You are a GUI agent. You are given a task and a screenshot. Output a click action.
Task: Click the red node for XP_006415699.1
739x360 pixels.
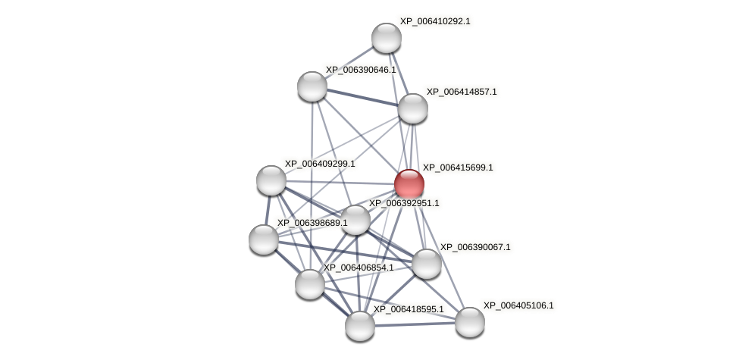(x=409, y=184)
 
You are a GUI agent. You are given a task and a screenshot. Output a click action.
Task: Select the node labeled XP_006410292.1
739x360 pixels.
(x=387, y=38)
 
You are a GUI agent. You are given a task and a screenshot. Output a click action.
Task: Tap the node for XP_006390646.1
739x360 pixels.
(x=312, y=86)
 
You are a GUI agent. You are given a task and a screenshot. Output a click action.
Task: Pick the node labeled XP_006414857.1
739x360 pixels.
(x=413, y=108)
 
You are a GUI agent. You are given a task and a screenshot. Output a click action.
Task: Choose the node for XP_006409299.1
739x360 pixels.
(x=271, y=180)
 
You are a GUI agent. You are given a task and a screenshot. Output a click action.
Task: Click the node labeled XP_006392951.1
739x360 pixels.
(x=355, y=220)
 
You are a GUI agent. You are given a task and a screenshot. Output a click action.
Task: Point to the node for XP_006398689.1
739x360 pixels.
(x=264, y=239)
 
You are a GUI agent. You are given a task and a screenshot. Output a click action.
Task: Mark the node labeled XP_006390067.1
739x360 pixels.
(x=427, y=264)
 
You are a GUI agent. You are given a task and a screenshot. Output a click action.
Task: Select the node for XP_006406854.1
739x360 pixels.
(x=310, y=284)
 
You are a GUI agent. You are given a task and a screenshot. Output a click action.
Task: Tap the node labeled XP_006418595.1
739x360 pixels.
(x=360, y=326)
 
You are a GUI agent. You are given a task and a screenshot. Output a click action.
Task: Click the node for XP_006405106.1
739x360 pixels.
(x=470, y=322)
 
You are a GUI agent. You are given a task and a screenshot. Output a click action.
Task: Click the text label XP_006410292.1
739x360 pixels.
(x=435, y=22)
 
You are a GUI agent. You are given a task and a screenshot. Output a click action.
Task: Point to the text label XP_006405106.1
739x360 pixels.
(x=518, y=306)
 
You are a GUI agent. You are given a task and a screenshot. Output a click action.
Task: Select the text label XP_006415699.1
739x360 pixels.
(x=458, y=167)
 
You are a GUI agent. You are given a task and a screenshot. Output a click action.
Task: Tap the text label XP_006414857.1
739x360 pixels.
(x=462, y=92)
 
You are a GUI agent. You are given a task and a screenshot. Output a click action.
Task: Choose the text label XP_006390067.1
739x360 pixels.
(x=475, y=247)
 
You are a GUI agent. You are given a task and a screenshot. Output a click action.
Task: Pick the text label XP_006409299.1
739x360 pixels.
(x=320, y=164)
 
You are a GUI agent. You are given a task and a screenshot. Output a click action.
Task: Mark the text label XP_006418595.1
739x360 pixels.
(x=409, y=309)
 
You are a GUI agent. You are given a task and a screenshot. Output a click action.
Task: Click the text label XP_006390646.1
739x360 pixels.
(x=361, y=70)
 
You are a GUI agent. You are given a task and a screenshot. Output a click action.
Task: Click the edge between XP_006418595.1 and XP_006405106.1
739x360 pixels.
(x=415, y=324)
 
